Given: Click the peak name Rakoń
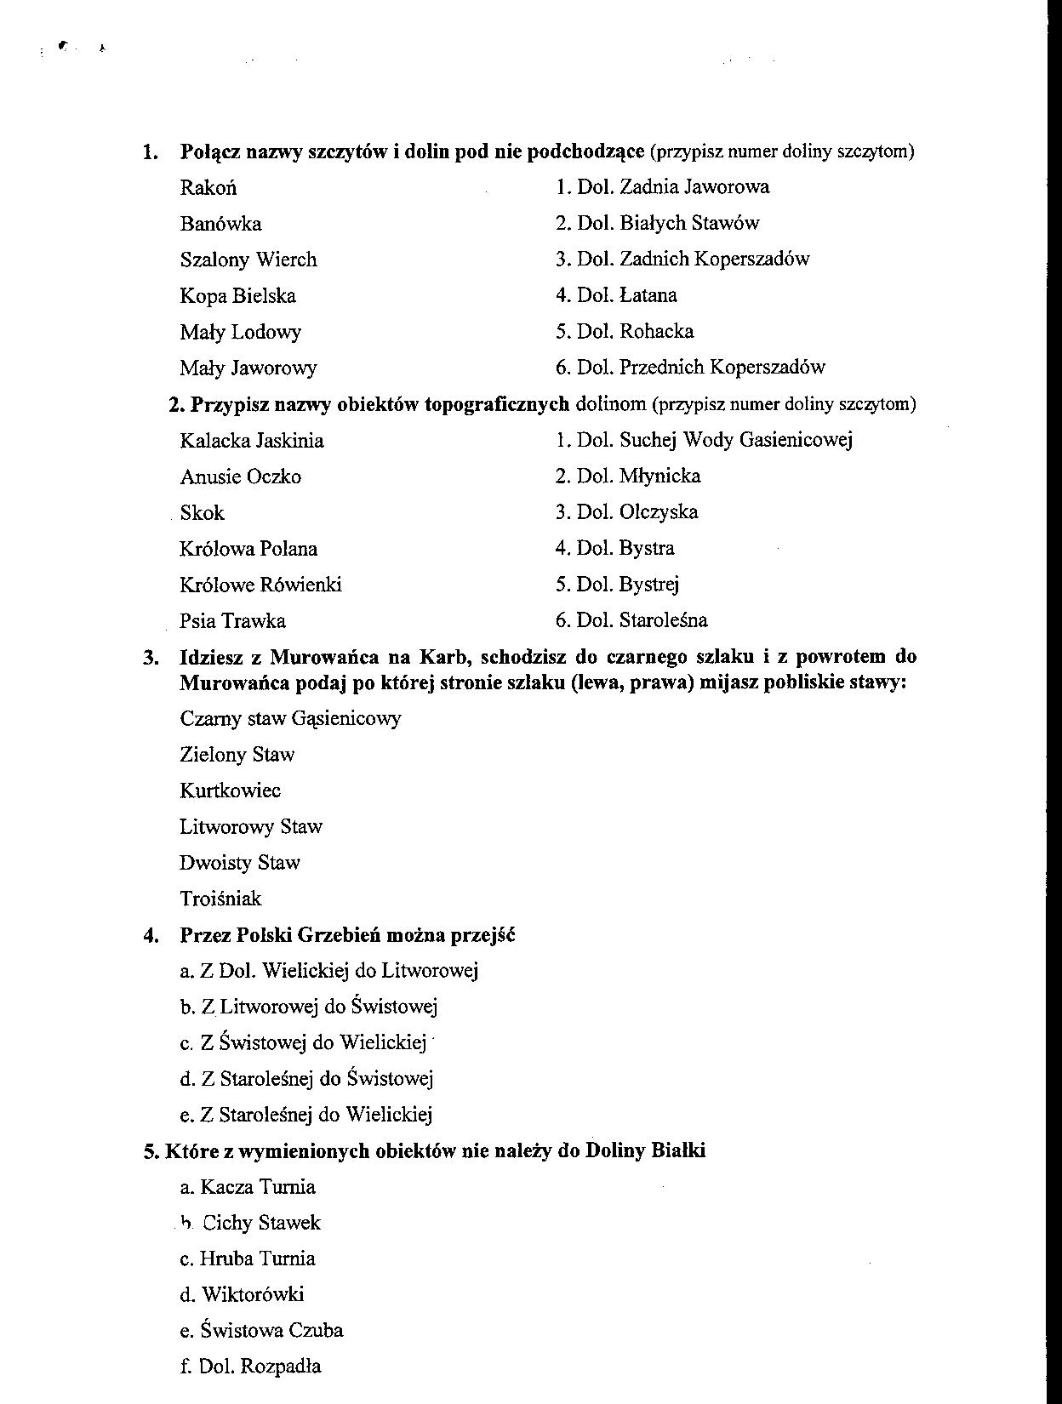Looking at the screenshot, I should (208, 188).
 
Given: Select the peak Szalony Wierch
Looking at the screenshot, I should (248, 260).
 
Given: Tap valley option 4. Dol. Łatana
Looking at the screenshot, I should (616, 295).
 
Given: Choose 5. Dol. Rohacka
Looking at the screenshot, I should (625, 331).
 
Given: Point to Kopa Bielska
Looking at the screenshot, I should (237, 296).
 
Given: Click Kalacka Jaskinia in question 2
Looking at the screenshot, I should (251, 441).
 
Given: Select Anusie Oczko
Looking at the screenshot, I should (240, 477).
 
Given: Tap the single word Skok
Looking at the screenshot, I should (203, 513).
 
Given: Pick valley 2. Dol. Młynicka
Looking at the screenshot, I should (628, 476).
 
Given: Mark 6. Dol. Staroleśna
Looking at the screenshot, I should (631, 620).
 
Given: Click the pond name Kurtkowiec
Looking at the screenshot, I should (230, 790).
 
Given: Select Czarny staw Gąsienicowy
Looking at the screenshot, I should (290, 719).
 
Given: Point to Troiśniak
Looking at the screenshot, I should (220, 899).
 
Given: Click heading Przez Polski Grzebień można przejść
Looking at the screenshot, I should (347, 935).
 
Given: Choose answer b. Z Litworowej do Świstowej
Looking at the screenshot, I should (308, 1007).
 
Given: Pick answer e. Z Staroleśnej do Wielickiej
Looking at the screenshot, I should (305, 1115).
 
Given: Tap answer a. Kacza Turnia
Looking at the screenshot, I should (247, 1187).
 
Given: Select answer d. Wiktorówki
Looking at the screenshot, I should (242, 1295).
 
